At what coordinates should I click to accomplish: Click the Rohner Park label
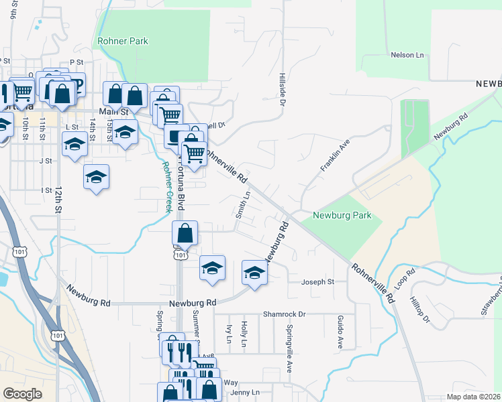(x=123, y=41)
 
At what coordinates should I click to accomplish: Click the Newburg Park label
(x=342, y=216)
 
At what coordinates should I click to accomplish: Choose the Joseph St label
(x=317, y=282)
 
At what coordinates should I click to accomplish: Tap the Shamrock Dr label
(x=284, y=314)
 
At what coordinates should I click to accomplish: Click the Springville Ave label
(x=289, y=348)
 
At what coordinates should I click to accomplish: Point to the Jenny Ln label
(x=245, y=392)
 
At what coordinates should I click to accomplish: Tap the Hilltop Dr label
(x=423, y=314)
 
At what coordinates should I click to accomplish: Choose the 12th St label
(x=58, y=200)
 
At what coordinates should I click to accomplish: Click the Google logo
(x=22, y=394)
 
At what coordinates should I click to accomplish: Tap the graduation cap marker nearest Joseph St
(x=254, y=273)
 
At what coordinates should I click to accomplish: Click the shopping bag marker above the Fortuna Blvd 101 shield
(x=185, y=234)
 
